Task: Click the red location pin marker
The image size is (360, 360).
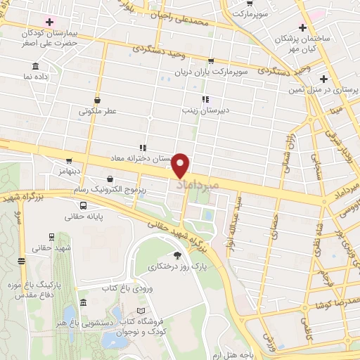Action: click(182, 165)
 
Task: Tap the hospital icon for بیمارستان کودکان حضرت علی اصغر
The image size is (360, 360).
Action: click(48, 18)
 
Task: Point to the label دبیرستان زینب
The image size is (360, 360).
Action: click(202, 110)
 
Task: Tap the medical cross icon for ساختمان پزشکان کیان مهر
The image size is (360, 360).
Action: click(302, 28)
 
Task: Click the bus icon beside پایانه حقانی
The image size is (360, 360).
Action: click(84, 206)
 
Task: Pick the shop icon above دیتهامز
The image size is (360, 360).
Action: click(69, 161)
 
